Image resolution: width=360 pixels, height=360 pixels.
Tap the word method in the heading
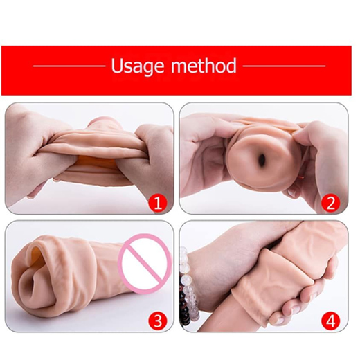(205, 67)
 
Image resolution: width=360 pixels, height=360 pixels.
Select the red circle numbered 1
(159, 202)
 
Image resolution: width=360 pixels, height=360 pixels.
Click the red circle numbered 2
(331, 202)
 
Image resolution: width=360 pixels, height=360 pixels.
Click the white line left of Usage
(69, 68)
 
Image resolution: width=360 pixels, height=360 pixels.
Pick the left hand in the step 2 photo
(208, 149)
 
